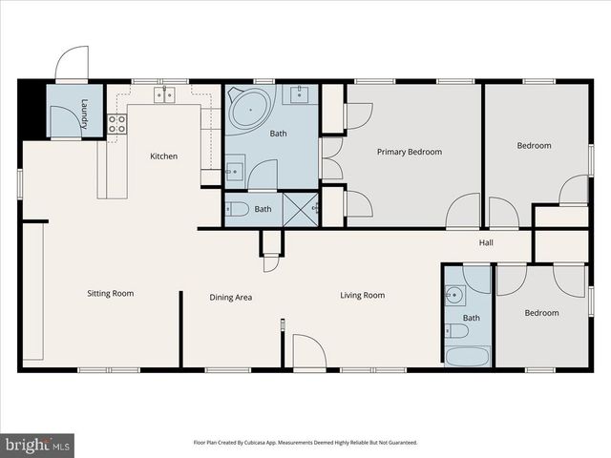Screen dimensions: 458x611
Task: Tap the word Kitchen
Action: tap(163, 156)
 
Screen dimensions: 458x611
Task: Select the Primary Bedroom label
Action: tap(409, 152)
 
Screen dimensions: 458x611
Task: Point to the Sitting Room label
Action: tap(111, 293)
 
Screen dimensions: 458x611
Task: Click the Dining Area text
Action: tap(231, 298)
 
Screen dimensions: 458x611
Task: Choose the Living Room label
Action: tap(363, 295)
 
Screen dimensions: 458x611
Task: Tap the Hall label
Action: tap(486, 243)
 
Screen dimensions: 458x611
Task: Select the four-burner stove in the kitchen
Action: tap(116, 123)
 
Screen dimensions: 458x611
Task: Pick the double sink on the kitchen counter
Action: tap(164, 94)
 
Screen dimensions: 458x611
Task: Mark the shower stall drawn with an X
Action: tap(301, 209)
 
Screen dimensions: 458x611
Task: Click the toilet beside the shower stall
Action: tap(237, 209)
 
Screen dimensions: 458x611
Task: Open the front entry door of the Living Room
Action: tap(309, 351)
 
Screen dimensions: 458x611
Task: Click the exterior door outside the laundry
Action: tap(72, 65)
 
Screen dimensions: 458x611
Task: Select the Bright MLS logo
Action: tap(38, 444)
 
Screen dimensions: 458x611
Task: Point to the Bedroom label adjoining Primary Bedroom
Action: tap(534, 146)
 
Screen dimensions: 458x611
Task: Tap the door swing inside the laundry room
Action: tap(63, 121)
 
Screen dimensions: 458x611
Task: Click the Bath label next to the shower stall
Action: tap(263, 209)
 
